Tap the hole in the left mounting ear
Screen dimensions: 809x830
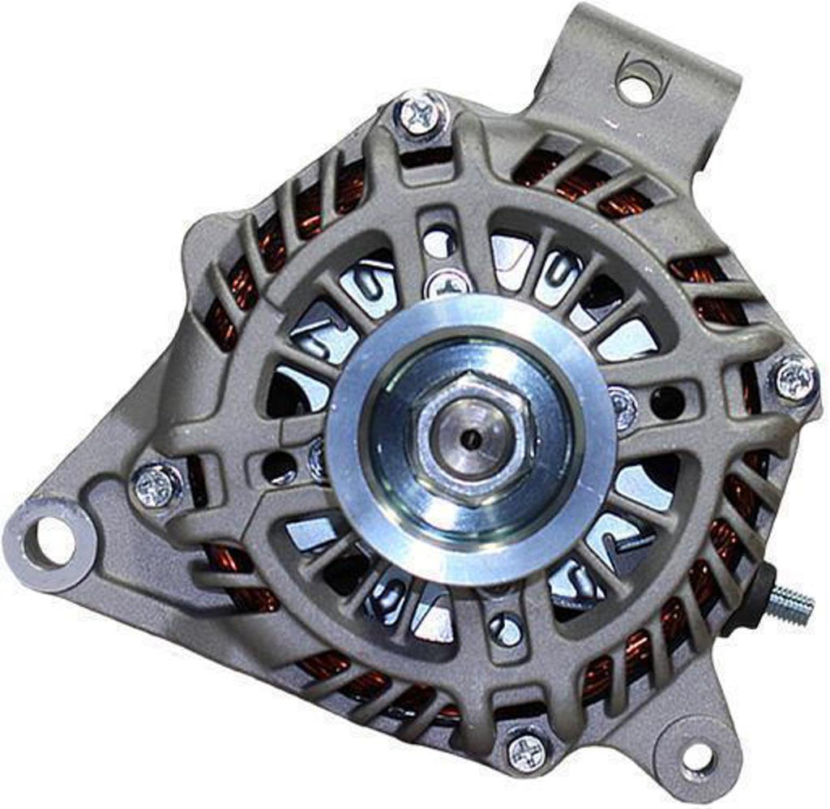(52, 540)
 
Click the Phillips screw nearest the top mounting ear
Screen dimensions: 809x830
(421, 114)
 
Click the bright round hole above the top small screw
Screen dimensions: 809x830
(438, 242)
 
